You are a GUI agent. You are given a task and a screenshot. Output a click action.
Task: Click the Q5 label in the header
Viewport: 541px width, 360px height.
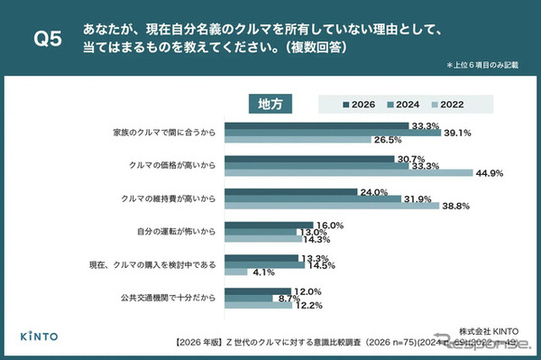click(x=46, y=39)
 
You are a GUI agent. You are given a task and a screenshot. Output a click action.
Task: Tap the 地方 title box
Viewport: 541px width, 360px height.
click(x=270, y=103)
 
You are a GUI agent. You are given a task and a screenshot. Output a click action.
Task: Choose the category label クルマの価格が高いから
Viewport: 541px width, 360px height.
click(x=167, y=165)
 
